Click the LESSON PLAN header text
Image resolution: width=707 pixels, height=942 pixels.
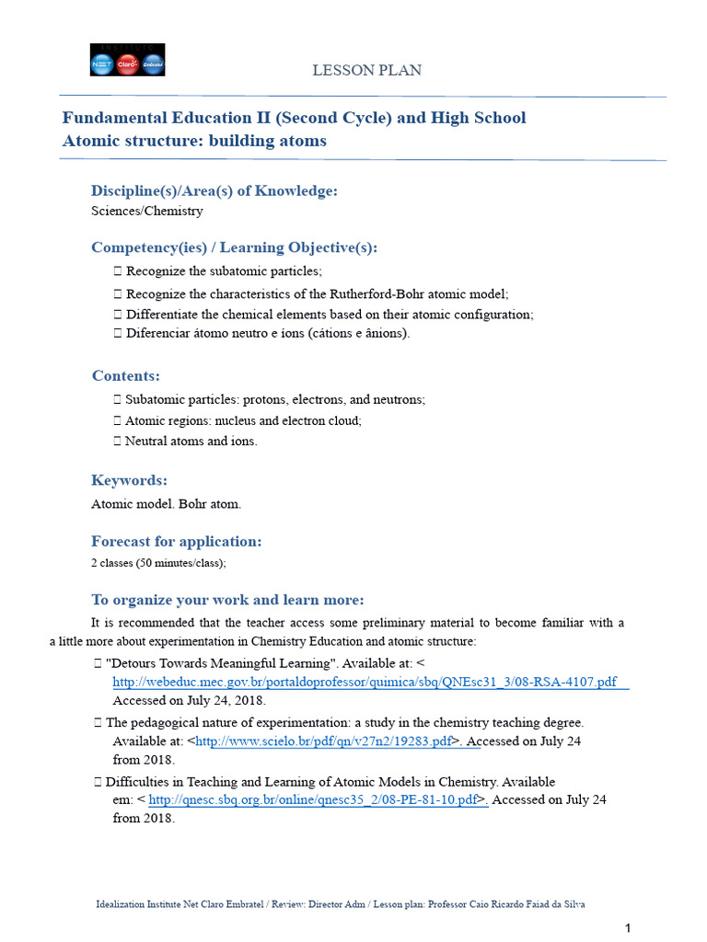tap(366, 70)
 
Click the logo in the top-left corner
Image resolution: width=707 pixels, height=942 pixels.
tap(127, 60)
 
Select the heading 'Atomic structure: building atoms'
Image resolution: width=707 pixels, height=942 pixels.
tap(194, 141)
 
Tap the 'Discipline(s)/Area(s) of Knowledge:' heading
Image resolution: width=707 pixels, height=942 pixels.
tap(214, 190)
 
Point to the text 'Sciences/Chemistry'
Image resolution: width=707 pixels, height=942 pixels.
tap(146, 211)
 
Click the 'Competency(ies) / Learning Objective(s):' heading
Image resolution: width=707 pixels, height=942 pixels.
tap(234, 247)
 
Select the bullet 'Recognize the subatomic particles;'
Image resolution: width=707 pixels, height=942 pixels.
tap(224, 271)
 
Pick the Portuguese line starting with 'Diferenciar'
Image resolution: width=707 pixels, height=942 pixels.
tap(267, 333)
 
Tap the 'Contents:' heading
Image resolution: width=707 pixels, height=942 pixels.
tap(126, 375)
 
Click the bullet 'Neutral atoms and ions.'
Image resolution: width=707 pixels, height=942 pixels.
tap(191, 441)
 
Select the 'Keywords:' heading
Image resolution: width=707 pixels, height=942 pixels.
tap(129, 480)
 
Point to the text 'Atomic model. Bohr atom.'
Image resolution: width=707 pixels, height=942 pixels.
tap(166, 504)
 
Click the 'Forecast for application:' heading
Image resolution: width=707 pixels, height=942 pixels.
tap(176, 541)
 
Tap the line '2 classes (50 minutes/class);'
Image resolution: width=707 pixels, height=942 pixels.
tap(157, 562)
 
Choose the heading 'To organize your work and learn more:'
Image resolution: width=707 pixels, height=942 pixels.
tap(227, 600)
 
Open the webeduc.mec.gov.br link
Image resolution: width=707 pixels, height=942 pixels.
tap(365, 682)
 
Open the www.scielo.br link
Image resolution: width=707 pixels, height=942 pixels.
tap(323, 741)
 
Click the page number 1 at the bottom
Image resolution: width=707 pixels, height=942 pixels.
tap(627, 927)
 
